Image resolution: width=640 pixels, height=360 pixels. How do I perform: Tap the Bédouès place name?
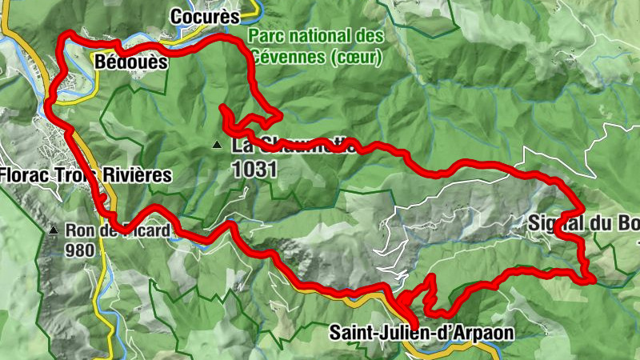(x=130, y=62)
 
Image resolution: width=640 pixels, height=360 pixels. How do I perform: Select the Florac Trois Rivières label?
(x=86, y=174)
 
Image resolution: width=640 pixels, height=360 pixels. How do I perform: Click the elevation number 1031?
(x=254, y=170)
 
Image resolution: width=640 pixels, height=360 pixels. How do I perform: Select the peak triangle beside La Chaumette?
(x=217, y=146)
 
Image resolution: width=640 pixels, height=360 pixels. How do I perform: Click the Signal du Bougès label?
(x=584, y=224)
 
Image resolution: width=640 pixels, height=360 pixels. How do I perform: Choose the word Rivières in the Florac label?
(x=142, y=174)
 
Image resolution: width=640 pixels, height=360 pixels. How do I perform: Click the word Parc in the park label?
(x=263, y=37)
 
